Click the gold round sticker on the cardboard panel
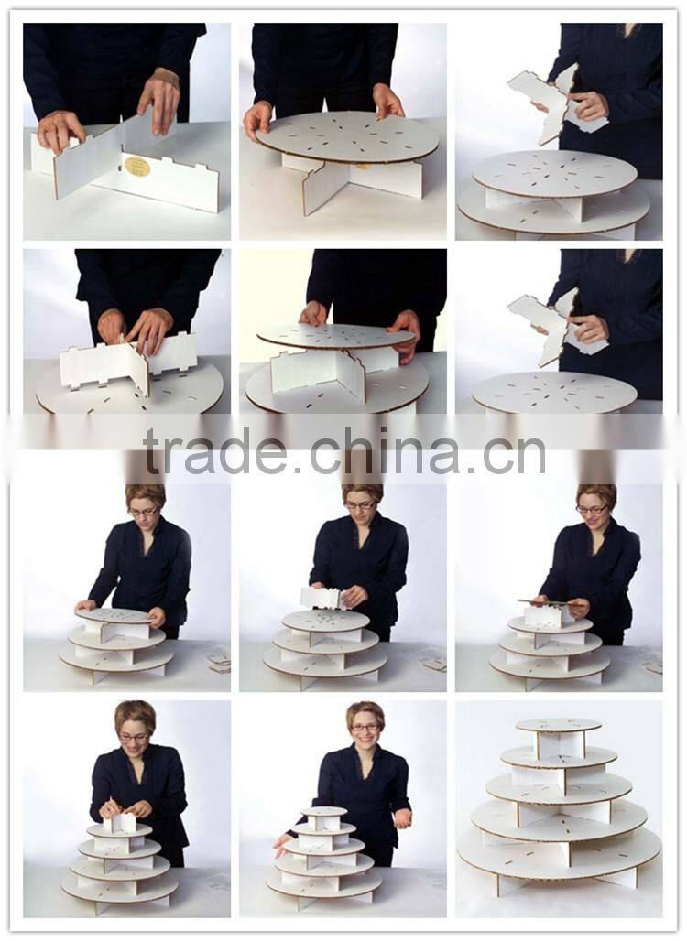tap(137, 167)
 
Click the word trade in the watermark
tap(215, 450)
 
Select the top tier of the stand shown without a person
tap(559, 725)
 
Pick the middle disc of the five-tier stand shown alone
tap(559, 788)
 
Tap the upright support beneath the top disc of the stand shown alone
tap(561, 745)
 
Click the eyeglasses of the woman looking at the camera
tap(365, 727)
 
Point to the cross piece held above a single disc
tap(558, 327)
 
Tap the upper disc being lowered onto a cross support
tap(335, 336)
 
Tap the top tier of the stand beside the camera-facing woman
tap(323, 811)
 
